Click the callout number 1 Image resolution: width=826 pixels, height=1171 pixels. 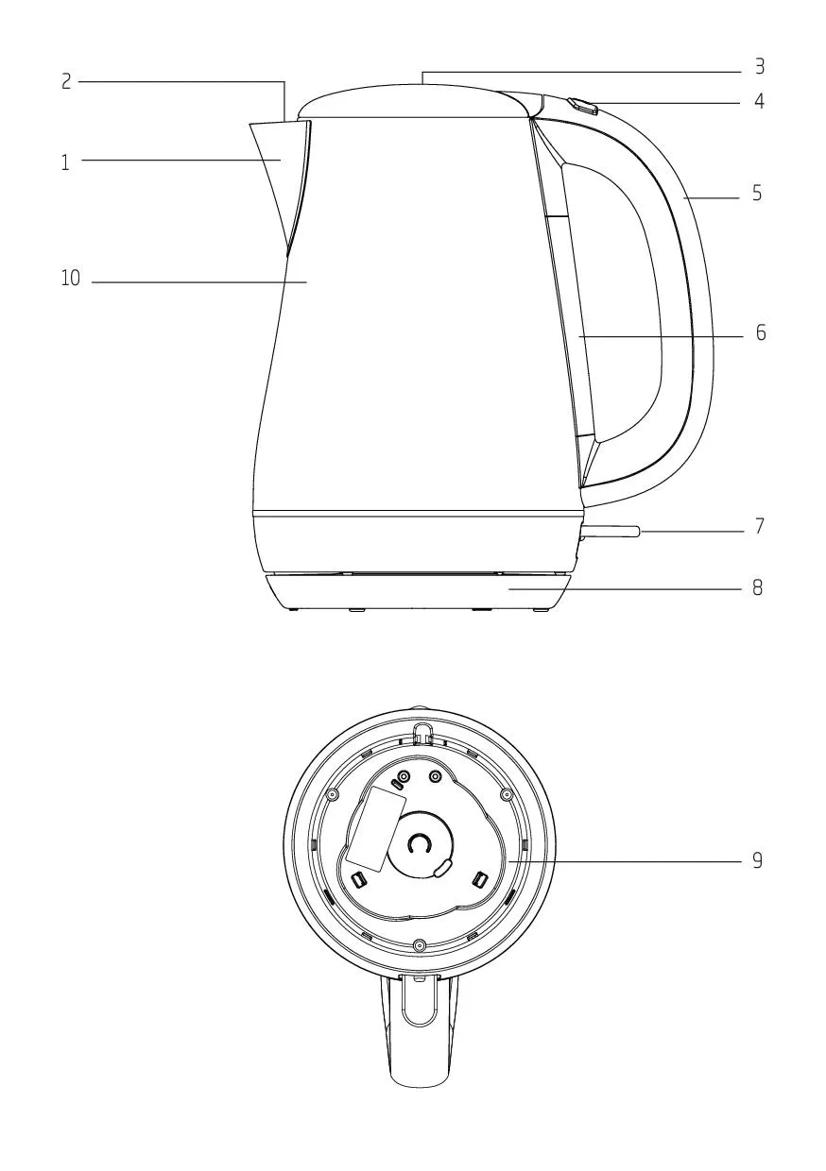pos(65,162)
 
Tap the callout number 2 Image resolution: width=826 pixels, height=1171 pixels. pos(66,81)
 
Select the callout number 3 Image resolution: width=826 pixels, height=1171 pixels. pos(759,66)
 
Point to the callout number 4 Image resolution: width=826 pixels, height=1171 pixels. pos(759,101)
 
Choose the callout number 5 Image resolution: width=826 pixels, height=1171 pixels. pos(757,194)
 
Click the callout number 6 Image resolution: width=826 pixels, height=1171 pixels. pos(761,332)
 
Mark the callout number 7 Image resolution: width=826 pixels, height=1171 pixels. pos(760,526)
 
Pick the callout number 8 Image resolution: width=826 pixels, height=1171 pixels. pos(757,588)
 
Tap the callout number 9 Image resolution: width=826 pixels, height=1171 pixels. pos(757,860)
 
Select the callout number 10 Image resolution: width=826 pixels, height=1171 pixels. pos(71,278)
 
